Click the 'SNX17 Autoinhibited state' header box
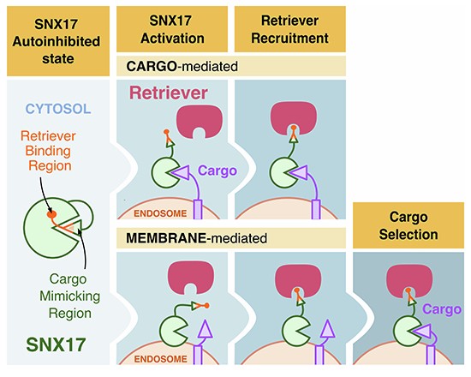tap(58, 41)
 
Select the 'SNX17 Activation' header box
tap(172, 29)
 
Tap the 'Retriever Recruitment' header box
tap(289, 29)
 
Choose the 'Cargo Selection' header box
tap(408, 225)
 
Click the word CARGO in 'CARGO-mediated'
tap(151, 66)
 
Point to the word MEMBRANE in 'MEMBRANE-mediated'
tap(166, 238)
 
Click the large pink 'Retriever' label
tap(169, 93)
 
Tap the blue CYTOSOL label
tap(58, 109)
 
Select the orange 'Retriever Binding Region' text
tap(48, 151)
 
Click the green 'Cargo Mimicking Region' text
tap(69, 296)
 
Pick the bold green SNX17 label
tap(56, 344)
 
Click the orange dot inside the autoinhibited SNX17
tap(51, 214)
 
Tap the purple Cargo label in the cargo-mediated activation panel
tap(218, 171)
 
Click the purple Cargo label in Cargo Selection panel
tap(442, 309)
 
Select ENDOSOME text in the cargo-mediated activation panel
tap(160, 213)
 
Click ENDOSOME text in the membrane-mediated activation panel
tap(160, 359)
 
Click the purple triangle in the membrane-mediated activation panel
tap(206, 329)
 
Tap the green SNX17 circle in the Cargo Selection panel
tap(408, 332)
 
